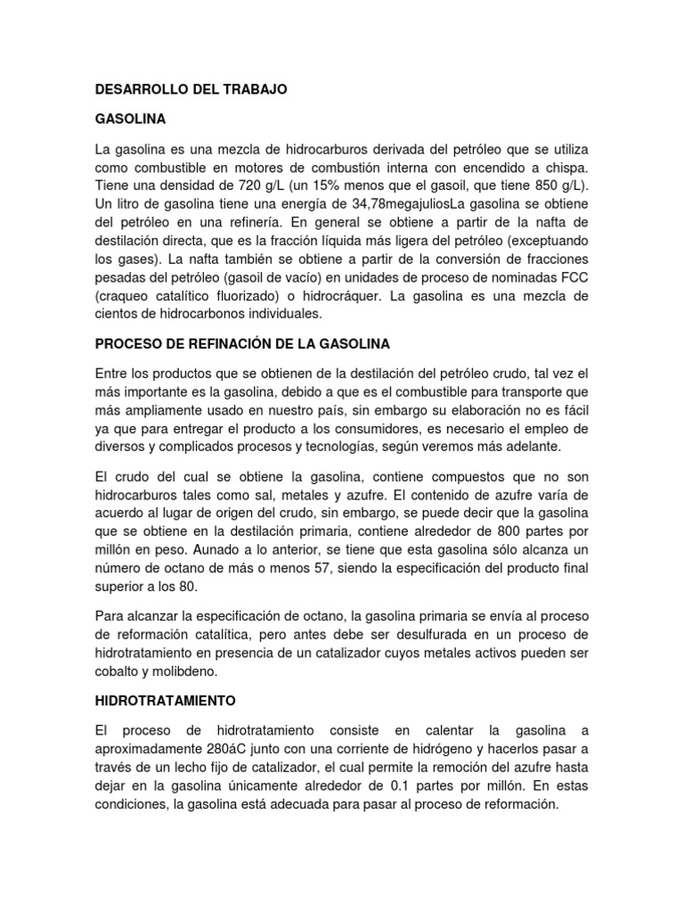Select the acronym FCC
[x=574, y=277]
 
